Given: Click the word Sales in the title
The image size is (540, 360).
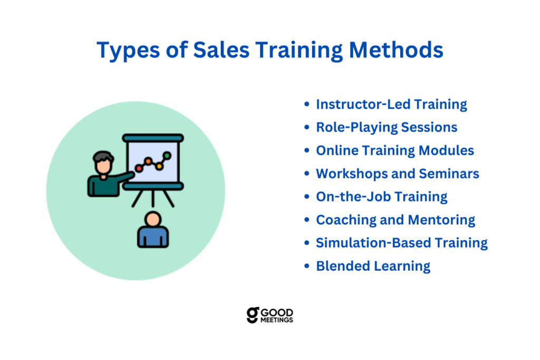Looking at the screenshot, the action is (221, 50).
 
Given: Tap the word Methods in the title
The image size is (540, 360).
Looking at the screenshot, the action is (396, 50).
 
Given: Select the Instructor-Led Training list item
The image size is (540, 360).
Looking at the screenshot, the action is (392, 104).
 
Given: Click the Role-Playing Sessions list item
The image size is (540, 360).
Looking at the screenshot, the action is (387, 127).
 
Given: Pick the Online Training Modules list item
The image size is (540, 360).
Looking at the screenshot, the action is (395, 150).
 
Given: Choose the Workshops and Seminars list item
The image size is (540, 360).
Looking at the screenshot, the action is (398, 174).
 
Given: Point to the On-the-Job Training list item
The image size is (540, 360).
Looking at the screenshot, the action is (382, 196).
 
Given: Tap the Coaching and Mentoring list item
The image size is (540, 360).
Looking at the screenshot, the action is (396, 220).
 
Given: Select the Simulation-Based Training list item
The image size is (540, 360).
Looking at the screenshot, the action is (402, 243).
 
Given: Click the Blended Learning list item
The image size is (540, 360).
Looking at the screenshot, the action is (373, 266).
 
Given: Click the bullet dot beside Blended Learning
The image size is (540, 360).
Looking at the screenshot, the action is (307, 266).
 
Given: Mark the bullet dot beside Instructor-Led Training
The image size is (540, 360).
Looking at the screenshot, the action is (307, 104).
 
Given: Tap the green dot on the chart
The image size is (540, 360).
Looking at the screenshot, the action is (167, 156).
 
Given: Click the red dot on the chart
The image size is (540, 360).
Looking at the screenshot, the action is (139, 168).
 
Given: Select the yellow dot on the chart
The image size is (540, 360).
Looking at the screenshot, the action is (159, 167).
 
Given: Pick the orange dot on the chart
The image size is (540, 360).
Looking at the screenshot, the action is (148, 160).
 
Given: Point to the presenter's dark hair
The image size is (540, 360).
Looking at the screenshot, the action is (103, 156).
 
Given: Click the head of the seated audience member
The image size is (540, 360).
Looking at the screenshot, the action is (153, 219).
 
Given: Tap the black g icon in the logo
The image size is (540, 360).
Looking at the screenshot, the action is (253, 315).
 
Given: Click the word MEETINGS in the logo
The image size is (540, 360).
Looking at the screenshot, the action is (277, 320).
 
